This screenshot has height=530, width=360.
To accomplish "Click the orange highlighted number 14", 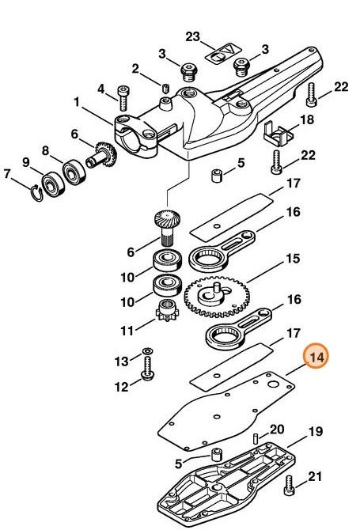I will coord(317,358).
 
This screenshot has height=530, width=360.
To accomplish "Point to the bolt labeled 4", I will coord(124,98).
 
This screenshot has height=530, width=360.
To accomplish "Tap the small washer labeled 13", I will coord(146,350).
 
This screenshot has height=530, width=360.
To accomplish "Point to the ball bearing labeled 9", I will coord(53,183).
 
